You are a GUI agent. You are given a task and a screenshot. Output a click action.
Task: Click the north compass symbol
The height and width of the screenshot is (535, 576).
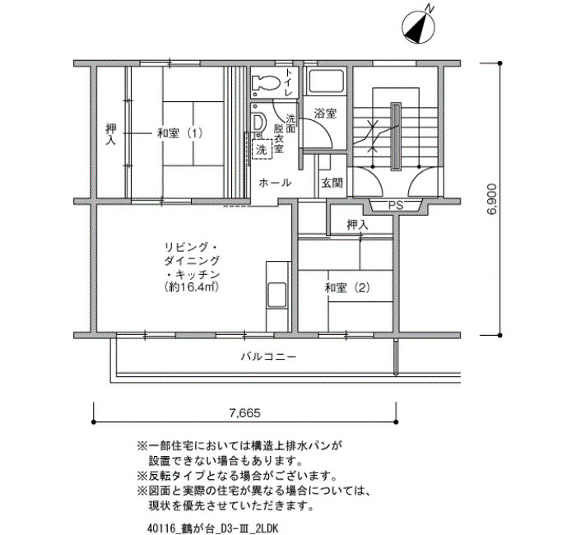tap(419, 26)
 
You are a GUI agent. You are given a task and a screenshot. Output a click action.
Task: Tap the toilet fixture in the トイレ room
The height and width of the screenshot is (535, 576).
tap(265, 83)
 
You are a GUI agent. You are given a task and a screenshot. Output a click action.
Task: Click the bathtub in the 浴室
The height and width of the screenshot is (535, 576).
tap(327, 81)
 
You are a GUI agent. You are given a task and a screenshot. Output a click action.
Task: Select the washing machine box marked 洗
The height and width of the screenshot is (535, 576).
tap(262, 149)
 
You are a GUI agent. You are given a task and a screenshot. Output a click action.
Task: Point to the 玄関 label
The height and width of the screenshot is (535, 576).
tap(332, 183)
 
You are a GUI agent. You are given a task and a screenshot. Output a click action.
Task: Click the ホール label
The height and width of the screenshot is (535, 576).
tap(275, 183)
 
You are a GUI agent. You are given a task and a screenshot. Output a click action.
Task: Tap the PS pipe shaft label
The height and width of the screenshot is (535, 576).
tap(396, 206)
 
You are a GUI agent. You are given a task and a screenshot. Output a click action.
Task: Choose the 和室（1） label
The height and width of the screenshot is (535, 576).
tap(179, 133)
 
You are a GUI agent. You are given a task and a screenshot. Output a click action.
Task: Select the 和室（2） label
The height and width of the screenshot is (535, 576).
tap(347, 287)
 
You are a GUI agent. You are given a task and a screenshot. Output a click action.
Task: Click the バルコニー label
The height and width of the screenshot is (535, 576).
tap(268, 356)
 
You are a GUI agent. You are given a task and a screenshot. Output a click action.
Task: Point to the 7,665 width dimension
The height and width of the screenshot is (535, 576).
tap(244, 413)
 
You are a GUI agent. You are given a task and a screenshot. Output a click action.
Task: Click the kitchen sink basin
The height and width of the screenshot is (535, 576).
tap(277, 295)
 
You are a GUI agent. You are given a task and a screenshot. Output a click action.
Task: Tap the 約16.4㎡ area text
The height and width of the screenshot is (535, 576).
tap(192, 286)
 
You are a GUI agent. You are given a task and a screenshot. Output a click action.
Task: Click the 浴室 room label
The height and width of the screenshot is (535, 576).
tap(325, 114)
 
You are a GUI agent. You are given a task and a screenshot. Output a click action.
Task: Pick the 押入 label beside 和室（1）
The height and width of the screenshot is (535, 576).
tap(110, 133)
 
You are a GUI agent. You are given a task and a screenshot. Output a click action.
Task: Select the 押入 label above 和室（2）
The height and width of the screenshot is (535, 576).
tap(357, 225)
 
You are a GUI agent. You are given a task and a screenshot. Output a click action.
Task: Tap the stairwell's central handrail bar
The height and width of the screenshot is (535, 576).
tap(396, 137)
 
